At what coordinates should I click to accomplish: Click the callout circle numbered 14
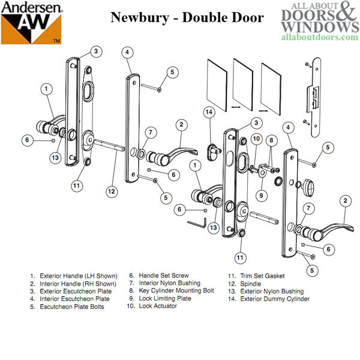[x=209, y=112]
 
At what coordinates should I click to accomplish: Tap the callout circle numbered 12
[x=110, y=191]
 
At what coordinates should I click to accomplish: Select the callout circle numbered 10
[x=256, y=139]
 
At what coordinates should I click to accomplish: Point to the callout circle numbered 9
[x=262, y=195]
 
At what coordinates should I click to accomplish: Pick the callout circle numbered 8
[x=271, y=140]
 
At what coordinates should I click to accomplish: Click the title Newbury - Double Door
[x=187, y=17]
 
